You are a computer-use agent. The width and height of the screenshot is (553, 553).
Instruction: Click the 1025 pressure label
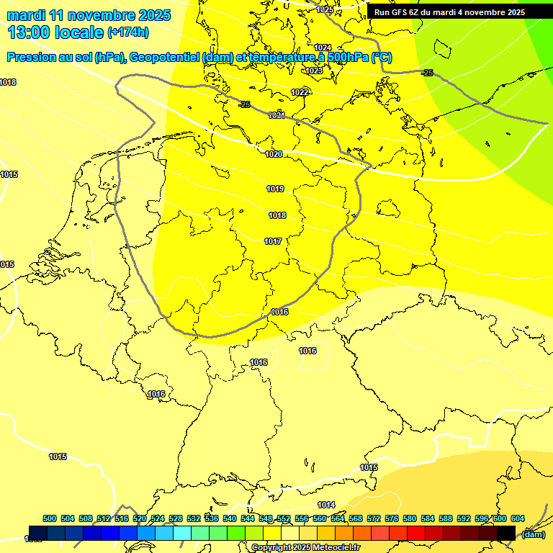325,9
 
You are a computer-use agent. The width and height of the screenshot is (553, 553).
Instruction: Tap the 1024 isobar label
323,48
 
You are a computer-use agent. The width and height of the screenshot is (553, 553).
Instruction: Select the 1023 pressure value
314,71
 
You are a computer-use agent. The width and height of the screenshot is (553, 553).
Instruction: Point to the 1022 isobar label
300,92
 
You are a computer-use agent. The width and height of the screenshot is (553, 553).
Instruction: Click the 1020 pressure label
274,154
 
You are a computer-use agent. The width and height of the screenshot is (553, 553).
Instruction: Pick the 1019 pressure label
275,189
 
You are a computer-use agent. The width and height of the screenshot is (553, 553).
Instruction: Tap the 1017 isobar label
273,241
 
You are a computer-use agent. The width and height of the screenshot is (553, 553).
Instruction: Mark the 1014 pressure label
326,504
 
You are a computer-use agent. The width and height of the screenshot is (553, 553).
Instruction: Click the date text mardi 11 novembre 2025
89,15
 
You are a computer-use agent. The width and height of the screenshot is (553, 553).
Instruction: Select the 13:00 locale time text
55,32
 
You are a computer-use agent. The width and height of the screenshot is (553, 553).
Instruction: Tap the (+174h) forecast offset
127,32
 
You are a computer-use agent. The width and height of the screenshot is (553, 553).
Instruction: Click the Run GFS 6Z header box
449,12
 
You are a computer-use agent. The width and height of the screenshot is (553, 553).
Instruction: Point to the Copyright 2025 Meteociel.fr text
305,547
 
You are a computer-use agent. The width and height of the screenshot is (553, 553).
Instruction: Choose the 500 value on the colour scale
50,518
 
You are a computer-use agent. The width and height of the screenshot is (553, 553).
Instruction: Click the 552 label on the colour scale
284,518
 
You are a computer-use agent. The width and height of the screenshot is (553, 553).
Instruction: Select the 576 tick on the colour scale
392,518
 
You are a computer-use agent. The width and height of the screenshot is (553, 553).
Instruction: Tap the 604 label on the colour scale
518,518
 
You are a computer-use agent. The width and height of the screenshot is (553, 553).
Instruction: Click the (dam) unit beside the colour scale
533,534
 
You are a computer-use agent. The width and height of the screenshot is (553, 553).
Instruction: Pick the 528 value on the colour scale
176,518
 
